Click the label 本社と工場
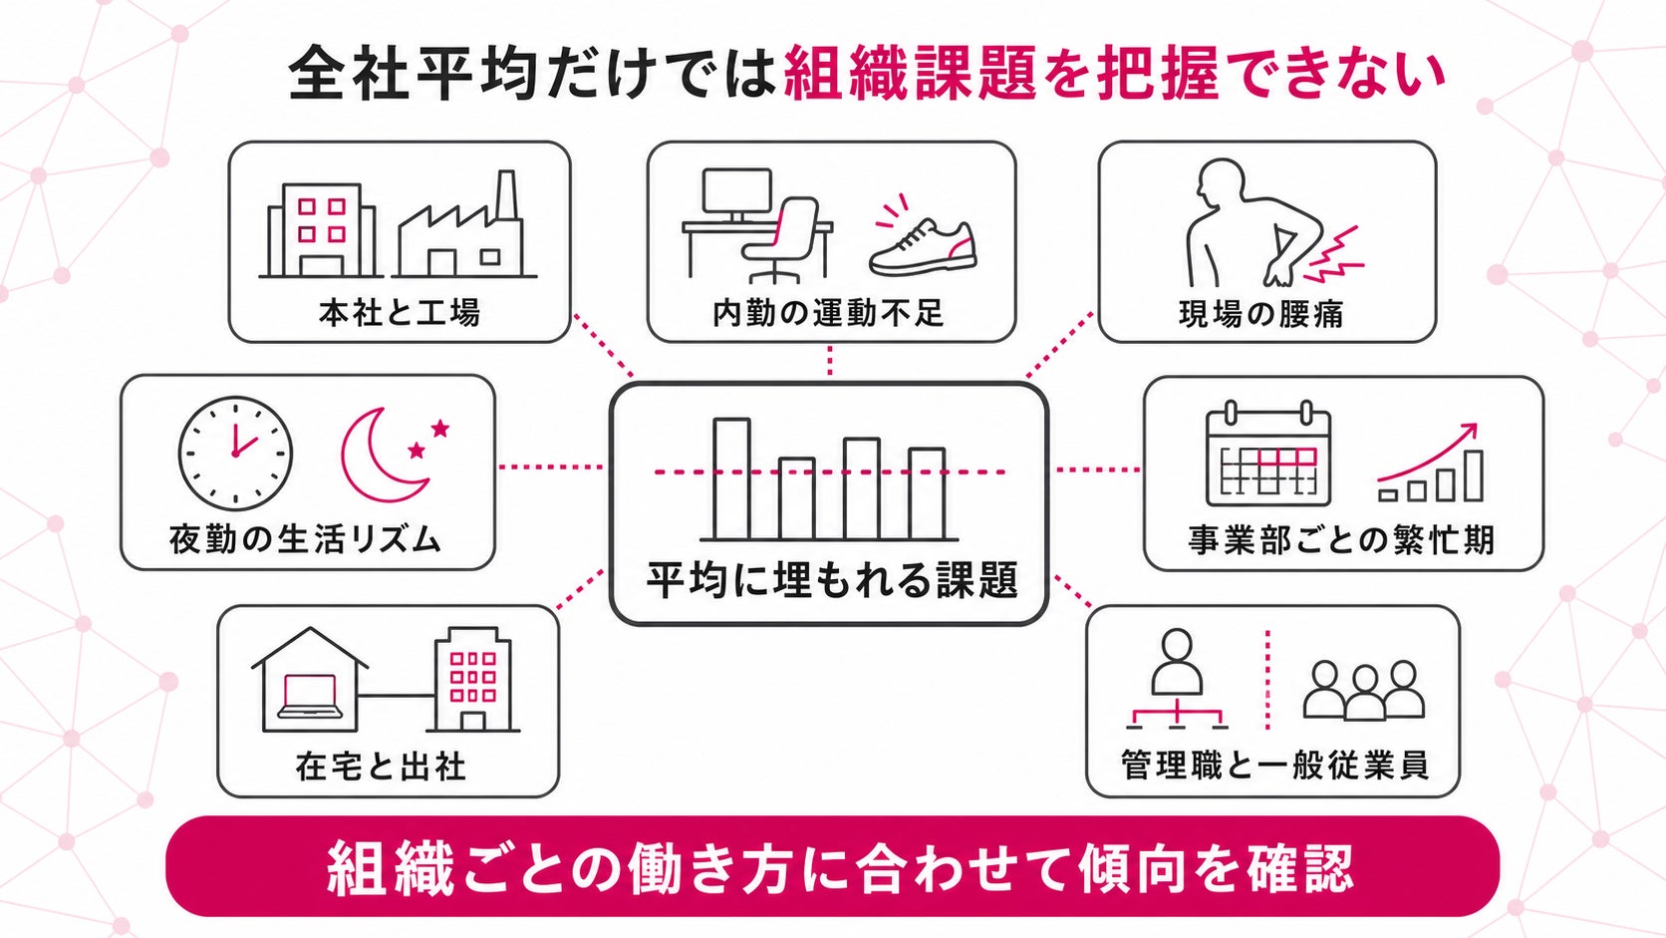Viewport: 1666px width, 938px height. (400, 312)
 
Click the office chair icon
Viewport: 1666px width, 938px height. (780, 239)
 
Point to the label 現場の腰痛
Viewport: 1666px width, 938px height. (1261, 314)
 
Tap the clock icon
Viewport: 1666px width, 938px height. (235, 453)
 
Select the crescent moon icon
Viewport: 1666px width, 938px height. (383, 455)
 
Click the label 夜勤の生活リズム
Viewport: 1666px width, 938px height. (306, 539)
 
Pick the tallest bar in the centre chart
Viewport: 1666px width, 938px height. (731, 478)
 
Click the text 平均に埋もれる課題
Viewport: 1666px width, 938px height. (831, 581)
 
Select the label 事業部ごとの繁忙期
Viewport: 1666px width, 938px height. (1341, 540)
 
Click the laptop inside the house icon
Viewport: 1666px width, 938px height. (310, 697)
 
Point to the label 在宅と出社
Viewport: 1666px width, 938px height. (381, 767)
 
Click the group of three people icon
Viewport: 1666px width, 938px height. (1364, 691)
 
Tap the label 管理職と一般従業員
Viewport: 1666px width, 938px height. (1274, 766)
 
